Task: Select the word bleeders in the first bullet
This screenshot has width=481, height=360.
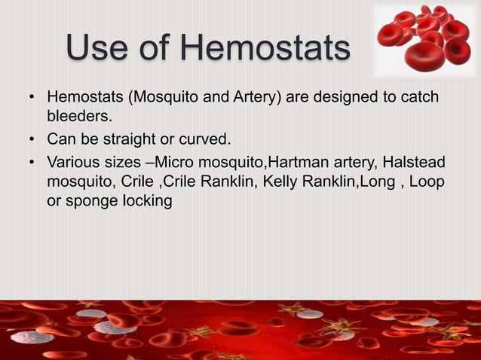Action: click(x=78, y=117)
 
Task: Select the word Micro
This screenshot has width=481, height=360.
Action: click(x=188, y=162)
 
